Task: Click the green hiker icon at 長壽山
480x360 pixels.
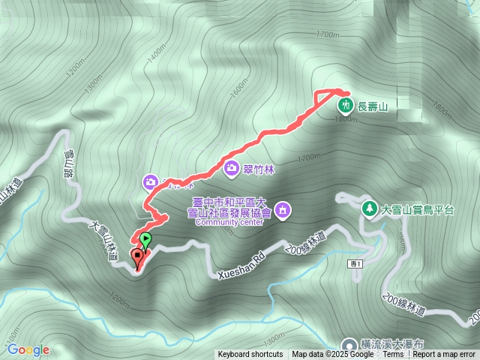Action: [x=345, y=104]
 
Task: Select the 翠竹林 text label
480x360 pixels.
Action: [x=259, y=169]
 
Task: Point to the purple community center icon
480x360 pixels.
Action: [x=282, y=209]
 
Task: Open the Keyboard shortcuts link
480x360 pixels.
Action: [x=250, y=355]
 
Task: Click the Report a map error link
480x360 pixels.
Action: [x=445, y=355]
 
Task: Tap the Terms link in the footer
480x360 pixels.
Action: [x=393, y=355]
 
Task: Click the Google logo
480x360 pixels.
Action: [x=28, y=349]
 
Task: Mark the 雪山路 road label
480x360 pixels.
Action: [x=70, y=164]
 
